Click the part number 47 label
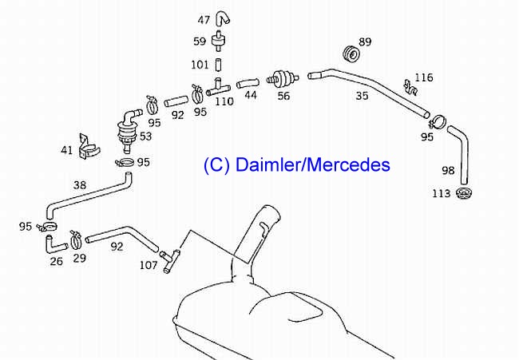point(204,20)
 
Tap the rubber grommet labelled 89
point(350,54)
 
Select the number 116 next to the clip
point(424,77)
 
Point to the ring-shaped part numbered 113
point(464,194)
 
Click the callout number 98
point(448,171)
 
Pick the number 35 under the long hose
point(362,97)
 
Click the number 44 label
point(251,95)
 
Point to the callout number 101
point(200,64)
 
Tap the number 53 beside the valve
point(145,136)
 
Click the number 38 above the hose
point(79,185)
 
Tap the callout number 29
point(79,259)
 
